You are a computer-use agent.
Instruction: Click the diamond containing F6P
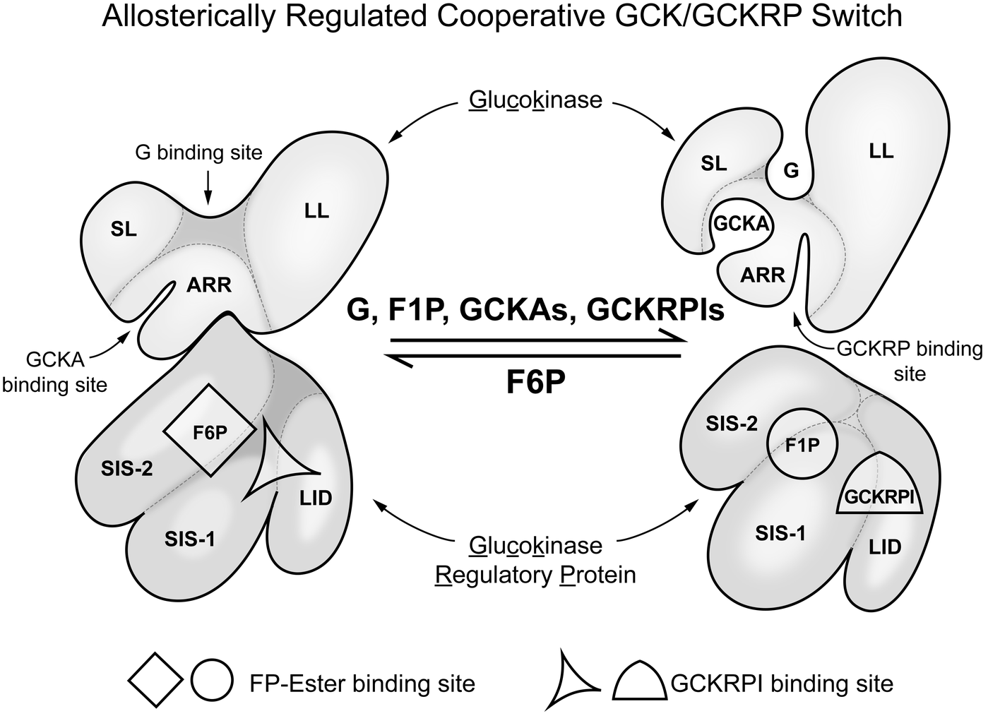point(210,431)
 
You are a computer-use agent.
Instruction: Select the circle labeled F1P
point(802,446)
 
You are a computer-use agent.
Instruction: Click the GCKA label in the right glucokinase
point(741,224)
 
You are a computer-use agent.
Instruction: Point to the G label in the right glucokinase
point(792,170)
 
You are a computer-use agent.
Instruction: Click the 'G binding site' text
point(199,152)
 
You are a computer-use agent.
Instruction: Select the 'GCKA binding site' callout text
point(55,372)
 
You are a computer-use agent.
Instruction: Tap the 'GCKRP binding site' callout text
point(909,361)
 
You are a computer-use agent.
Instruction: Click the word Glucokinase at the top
point(535,100)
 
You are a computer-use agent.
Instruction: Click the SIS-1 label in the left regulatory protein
point(190,539)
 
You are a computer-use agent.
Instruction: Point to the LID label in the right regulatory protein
point(885,547)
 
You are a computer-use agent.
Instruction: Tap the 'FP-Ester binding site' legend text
point(362,684)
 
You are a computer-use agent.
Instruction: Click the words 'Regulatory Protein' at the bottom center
point(536,575)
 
